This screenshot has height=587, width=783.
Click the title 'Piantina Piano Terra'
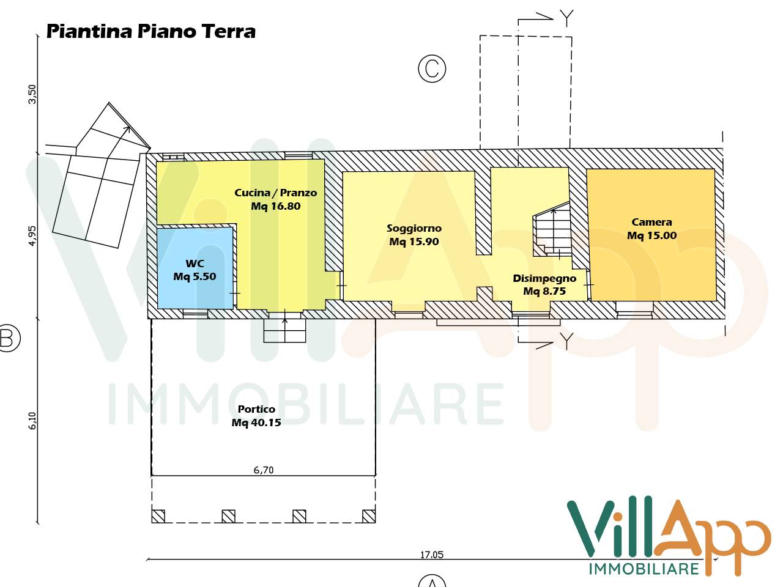pyautogui.click(x=150, y=31)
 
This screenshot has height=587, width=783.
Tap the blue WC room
pyautogui.click(x=195, y=269)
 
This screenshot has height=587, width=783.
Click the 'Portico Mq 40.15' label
pyautogui.click(x=256, y=416)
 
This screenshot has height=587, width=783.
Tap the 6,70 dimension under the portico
pyautogui.click(x=264, y=470)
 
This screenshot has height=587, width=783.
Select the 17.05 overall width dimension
pyautogui.click(x=431, y=555)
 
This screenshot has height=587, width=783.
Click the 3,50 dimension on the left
pyautogui.click(x=32, y=94)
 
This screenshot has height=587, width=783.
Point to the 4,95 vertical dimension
pyautogui.click(x=32, y=235)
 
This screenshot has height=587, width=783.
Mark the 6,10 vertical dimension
pyautogui.click(x=32, y=420)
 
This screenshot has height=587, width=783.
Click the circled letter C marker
pyautogui.click(x=432, y=68)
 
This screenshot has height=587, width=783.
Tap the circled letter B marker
pyautogui.click(x=7, y=338)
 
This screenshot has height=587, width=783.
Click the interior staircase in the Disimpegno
pyautogui.click(x=552, y=232)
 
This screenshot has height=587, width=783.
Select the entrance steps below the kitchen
pyautogui.click(x=284, y=330)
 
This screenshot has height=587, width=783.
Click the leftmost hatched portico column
pyautogui.click(x=158, y=516)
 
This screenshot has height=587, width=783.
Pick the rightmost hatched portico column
pyautogui.click(x=368, y=516)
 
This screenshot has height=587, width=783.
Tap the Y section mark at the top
pyautogui.click(x=566, y=18)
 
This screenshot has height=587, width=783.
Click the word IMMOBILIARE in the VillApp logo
pyautogui.click(x=644, y=569)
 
